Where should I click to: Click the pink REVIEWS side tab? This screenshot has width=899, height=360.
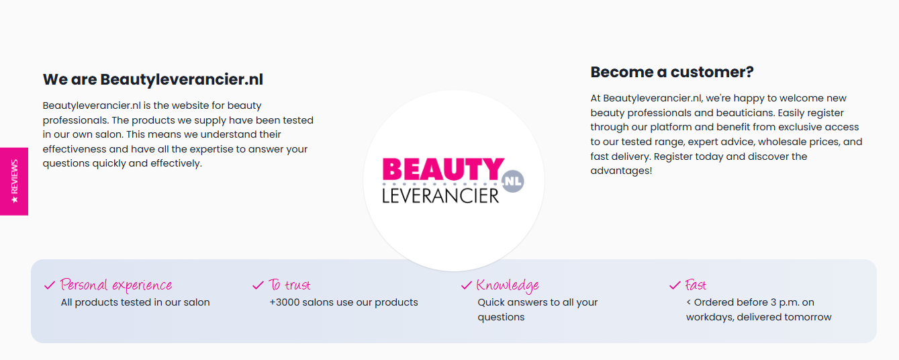pos(14,181)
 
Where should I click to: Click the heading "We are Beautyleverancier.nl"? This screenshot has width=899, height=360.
pos(153,79)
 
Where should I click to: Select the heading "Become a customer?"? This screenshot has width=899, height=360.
pos(672,73)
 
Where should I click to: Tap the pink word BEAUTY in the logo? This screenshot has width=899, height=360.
pos(443,169)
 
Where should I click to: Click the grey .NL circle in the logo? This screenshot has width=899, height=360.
pos(512,181)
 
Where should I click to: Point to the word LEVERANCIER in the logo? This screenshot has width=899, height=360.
pos(440,196)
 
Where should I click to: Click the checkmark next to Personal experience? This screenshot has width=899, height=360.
pos(50,285)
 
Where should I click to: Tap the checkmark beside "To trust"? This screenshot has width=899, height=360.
pos(258,285)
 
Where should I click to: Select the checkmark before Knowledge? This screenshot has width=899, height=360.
pos(467,285)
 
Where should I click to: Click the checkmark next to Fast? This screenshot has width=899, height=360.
pos(675,285)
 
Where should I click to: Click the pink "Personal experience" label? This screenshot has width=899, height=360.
pos(116,285)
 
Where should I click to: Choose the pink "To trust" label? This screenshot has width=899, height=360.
pos(289,285)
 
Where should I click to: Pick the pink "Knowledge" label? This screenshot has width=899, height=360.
pos(508,285)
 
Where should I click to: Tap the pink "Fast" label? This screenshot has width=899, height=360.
pos(696,285)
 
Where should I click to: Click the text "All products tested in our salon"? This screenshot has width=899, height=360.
pos(135,303)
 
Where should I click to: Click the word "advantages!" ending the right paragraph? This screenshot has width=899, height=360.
pos(621,171)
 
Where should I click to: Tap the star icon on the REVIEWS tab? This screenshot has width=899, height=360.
pos(15,199)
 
